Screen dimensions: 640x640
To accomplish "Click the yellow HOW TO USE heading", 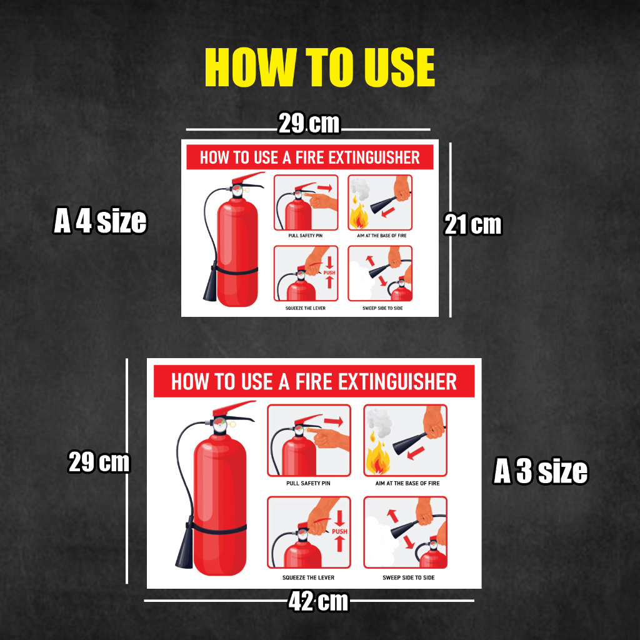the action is click(x=319, y=67).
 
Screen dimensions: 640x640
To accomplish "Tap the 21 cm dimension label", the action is click(x=472, y=224).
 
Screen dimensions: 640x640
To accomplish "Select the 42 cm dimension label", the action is click(x=318, y=601).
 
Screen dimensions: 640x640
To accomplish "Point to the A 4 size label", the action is click(x=100, y=221).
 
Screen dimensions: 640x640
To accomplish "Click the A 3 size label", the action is click(x=541, y=471).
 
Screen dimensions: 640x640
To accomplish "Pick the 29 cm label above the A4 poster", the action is click(x=309, y=123).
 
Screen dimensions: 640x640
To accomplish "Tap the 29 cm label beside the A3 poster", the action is click(x=99, y=462).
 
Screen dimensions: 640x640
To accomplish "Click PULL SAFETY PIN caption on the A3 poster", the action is click(x=308, y=483).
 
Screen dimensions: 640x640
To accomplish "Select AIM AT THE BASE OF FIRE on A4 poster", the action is click(x=382, y=236).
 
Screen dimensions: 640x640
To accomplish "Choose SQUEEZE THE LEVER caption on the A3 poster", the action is click(x=308, y=577).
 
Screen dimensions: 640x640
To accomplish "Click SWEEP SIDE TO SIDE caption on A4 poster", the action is click(x=382, y=308).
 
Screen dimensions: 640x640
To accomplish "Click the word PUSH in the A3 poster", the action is click(x=339, y=531).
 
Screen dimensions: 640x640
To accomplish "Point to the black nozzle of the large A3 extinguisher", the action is click(x=185, y=545).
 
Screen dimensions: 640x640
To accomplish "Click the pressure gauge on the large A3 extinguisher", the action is click(x=219, y=425).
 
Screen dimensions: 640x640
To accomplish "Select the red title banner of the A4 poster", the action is click(x=310, y=157).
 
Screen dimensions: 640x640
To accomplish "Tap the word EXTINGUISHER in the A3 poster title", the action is click(x=397, y=382).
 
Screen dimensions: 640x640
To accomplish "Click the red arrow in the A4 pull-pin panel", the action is click(x=325, y=188).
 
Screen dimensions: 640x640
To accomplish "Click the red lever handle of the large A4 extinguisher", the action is click(x=248, y=177).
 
